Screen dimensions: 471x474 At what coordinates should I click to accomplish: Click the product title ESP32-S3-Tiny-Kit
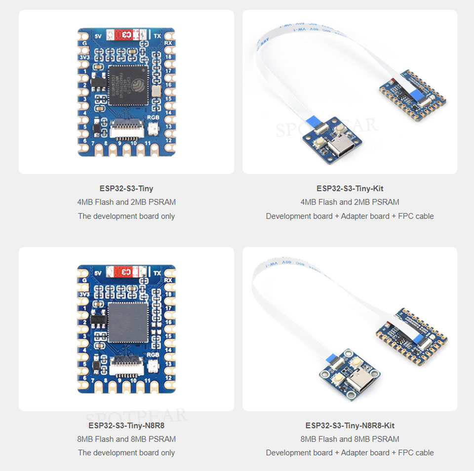point(350,188)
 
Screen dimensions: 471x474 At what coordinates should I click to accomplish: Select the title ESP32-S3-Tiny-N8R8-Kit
point(350,425)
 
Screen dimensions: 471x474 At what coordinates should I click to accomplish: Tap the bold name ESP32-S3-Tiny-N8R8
point(126,425)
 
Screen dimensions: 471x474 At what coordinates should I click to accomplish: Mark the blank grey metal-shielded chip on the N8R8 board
point(128,322)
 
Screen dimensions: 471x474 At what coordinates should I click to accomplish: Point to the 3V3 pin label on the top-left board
point(84,57)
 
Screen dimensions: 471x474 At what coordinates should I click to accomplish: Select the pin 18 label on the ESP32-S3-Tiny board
point(168,57)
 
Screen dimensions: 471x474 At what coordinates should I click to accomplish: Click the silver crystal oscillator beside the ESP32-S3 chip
point(157,90)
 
